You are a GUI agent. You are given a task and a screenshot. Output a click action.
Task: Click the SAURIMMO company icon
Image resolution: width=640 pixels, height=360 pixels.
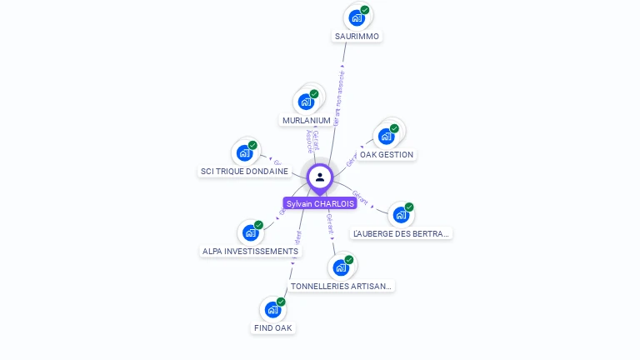(x=357, y=17)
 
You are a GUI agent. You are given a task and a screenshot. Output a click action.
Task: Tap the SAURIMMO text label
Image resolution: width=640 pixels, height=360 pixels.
(x=357, y=37)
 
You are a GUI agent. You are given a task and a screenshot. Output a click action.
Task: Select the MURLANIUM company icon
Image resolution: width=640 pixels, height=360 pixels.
(x=307, y=102)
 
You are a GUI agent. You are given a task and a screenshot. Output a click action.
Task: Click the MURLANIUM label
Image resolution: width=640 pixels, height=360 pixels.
(x=307, y=121)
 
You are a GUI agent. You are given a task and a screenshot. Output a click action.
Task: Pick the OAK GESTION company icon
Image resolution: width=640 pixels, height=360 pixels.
(x=386, y=136)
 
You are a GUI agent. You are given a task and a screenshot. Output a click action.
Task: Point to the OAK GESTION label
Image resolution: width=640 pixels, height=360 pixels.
(x=387, y=155)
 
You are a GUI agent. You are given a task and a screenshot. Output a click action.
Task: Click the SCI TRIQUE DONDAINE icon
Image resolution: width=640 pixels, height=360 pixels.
(x=244, y=152)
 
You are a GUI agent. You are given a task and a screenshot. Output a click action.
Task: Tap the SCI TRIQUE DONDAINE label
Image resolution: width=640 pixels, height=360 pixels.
(x=244, y=172)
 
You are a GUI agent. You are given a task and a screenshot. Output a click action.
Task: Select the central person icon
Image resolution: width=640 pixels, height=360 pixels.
(x=319, y=177)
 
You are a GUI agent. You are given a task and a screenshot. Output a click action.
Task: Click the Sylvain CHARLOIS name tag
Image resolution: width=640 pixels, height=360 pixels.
(x=319, y=203)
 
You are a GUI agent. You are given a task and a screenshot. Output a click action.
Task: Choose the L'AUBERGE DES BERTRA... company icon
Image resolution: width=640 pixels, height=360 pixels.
(x=401, y=214)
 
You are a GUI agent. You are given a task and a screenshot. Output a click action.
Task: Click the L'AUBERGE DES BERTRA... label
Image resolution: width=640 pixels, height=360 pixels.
(x=401, y=234)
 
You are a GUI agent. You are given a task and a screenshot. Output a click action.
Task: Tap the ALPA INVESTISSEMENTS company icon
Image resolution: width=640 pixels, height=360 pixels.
(x=250, y=232)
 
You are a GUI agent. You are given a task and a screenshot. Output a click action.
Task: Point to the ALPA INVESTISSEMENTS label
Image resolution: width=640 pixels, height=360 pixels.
(x=250, y=252)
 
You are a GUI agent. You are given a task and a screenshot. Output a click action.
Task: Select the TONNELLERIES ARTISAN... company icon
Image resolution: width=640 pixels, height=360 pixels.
(x=340, y=267)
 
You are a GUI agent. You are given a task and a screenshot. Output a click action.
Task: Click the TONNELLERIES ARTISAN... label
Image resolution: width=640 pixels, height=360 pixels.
(x=340, y=287)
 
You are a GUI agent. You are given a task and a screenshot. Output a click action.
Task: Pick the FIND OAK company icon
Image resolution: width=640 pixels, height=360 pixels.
(x=272, y=309)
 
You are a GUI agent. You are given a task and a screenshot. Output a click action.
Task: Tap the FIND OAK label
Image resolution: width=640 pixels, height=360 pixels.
(x=273, y=328)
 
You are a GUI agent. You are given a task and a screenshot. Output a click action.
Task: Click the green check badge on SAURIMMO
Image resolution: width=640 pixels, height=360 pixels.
(x=365, y=10)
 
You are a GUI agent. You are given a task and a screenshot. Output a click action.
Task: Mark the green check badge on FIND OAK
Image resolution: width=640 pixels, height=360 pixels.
(x=281, y=302)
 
